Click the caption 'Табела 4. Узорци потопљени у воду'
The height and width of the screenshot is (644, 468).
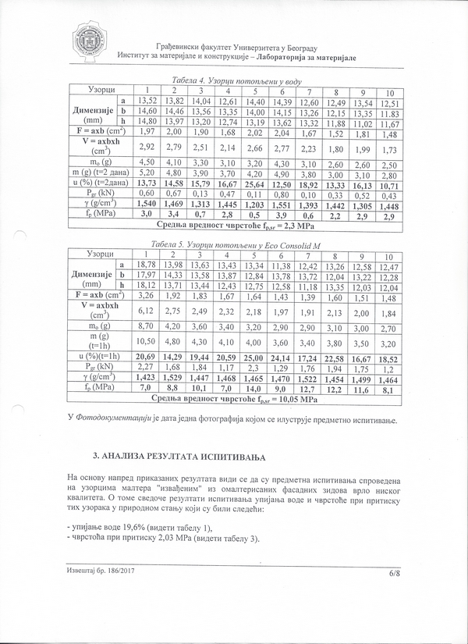click(x=235, y=81)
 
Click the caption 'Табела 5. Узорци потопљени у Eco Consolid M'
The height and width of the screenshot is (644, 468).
click(x=235, y=244)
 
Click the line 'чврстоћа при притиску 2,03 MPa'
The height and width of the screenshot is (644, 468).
click(x=152, y=539)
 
